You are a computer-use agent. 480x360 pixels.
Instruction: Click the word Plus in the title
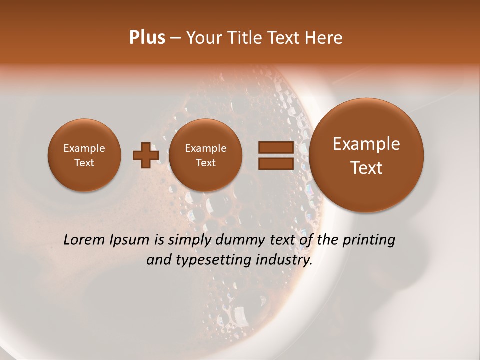[147, 38]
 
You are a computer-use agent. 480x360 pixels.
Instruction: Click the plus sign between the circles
[145, 155]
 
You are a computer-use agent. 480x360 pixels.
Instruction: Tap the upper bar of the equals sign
[275, 147]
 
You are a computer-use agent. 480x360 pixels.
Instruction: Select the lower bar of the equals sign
[275, 163]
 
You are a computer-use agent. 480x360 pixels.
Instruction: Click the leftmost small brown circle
[84, 155]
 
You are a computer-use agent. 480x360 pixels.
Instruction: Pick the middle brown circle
[205, 155]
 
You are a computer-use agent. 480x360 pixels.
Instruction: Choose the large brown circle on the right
[366, 155]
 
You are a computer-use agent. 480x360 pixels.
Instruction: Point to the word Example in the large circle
[366, 144]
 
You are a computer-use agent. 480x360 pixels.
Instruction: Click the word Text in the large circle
[366, 168]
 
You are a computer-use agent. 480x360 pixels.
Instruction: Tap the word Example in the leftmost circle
[84, 148]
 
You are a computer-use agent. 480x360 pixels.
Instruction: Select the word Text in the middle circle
[205, 163]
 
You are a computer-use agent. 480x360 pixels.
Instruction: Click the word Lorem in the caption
[84, 240]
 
